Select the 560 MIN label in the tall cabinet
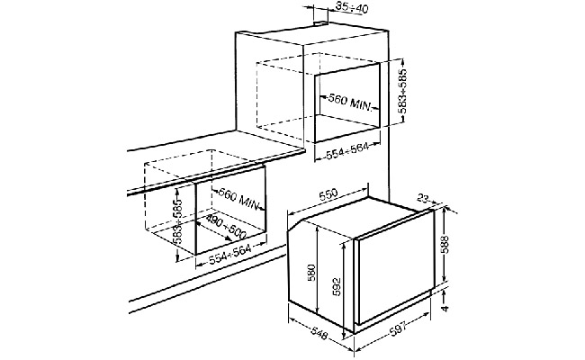(348, 99)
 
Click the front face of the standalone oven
(396, 279)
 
